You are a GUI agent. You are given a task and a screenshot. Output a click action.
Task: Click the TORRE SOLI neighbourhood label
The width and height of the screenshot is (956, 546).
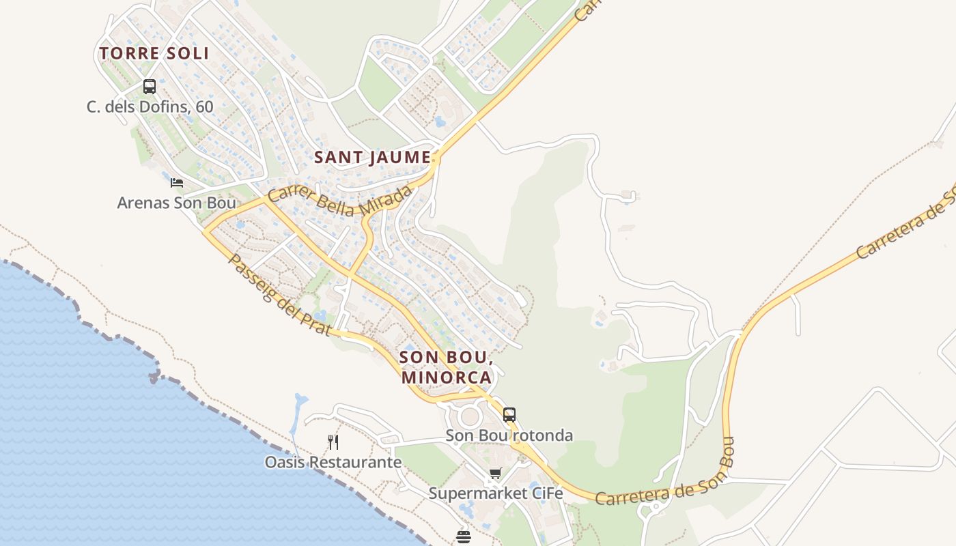(x=154, y=53)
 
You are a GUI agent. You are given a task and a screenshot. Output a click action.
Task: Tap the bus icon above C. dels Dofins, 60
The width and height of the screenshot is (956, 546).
(x=150, y=87)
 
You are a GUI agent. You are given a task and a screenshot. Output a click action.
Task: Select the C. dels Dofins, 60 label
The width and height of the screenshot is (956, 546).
(x=150, y=107)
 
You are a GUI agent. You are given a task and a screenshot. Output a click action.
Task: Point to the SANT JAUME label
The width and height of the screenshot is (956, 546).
(x=372, y=158)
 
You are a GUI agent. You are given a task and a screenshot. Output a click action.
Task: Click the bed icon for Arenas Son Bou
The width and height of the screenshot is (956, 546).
(x=177, y=183)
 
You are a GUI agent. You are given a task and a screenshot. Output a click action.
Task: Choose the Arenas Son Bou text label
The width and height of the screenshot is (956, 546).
(x=176, y=203)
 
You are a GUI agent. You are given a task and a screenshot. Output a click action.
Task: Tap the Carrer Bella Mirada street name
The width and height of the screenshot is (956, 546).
(x=339, y=200)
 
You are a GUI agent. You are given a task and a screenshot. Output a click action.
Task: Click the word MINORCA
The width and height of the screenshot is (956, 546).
(x=446, y=377)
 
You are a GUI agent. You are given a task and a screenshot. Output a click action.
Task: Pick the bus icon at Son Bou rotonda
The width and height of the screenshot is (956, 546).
(x=509, y=414)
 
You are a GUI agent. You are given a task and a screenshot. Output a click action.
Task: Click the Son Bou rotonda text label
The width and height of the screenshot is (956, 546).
(x=509, y=435)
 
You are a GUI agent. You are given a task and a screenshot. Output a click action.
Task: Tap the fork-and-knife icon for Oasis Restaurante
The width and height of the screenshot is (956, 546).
(x=333, y=442)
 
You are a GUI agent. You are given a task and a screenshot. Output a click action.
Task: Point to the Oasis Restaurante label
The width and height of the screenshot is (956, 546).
(x=333, y=463)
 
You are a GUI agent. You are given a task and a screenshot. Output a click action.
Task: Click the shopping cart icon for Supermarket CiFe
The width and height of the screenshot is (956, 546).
(x=496, y=473)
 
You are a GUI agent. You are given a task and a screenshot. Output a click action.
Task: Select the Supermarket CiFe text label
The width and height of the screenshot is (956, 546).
(x=496, y=493)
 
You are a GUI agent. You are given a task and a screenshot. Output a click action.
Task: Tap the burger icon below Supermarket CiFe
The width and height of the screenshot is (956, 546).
(x=464, y=537)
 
